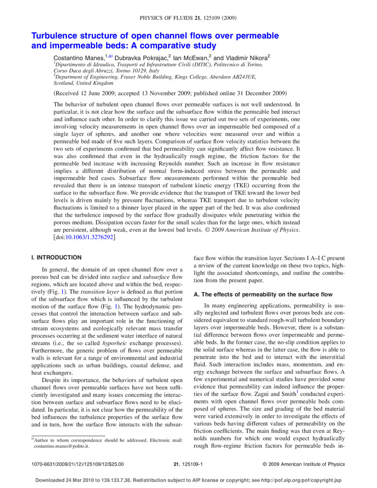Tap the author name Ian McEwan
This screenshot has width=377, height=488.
point(191,58)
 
